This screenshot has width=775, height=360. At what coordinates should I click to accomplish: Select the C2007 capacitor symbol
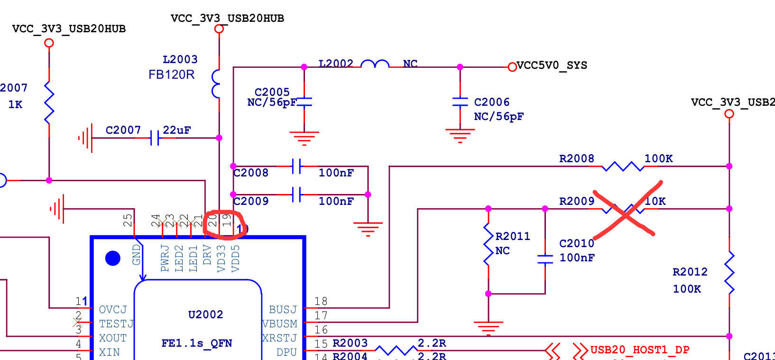[x=155, y=138]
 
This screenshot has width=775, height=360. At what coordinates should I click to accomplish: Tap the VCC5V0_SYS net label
[x=552, y=65]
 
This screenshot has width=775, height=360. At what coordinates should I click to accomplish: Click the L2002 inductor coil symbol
[x=375, y=64]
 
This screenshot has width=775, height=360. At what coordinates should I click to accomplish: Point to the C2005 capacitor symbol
[x=304, y=102]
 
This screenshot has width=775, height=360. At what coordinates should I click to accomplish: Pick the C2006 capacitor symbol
[x=460, y=102]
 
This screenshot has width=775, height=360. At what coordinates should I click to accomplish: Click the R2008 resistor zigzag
[x=623, y=166]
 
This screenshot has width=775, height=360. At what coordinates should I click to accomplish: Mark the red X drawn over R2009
[x=626, y=210]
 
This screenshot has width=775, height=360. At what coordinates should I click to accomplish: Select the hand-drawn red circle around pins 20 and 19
[x=223, y=225]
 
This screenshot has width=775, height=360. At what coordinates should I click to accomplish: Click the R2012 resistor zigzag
[x=729, y=273]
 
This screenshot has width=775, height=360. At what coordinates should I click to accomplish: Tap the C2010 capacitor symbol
[x=545, y=259]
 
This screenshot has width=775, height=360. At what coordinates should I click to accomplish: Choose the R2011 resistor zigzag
[x=488, y=244]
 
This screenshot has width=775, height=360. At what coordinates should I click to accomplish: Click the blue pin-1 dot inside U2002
[x=113, y=258]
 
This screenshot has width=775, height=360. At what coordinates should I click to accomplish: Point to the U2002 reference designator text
[x=205, y=314]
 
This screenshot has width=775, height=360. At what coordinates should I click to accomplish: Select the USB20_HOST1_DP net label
[x=640, y=350]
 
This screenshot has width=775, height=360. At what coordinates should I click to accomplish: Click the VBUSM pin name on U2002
[x=280, y=324]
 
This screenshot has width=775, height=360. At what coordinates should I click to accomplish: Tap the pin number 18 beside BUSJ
[x=321, y=301]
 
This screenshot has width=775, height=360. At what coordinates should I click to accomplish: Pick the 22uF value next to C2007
[x=176, y=130]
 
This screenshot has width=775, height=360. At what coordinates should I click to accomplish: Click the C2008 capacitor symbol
[x=297, y=166]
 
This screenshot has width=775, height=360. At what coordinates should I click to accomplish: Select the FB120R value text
[x=171, y=74]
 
